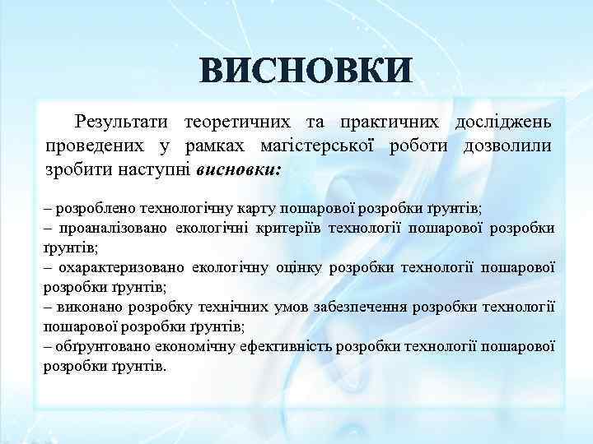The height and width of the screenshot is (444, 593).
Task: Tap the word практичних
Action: [387, 123]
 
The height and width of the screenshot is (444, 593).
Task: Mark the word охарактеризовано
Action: [120, 267]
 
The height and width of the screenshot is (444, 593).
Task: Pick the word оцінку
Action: [300, 267]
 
